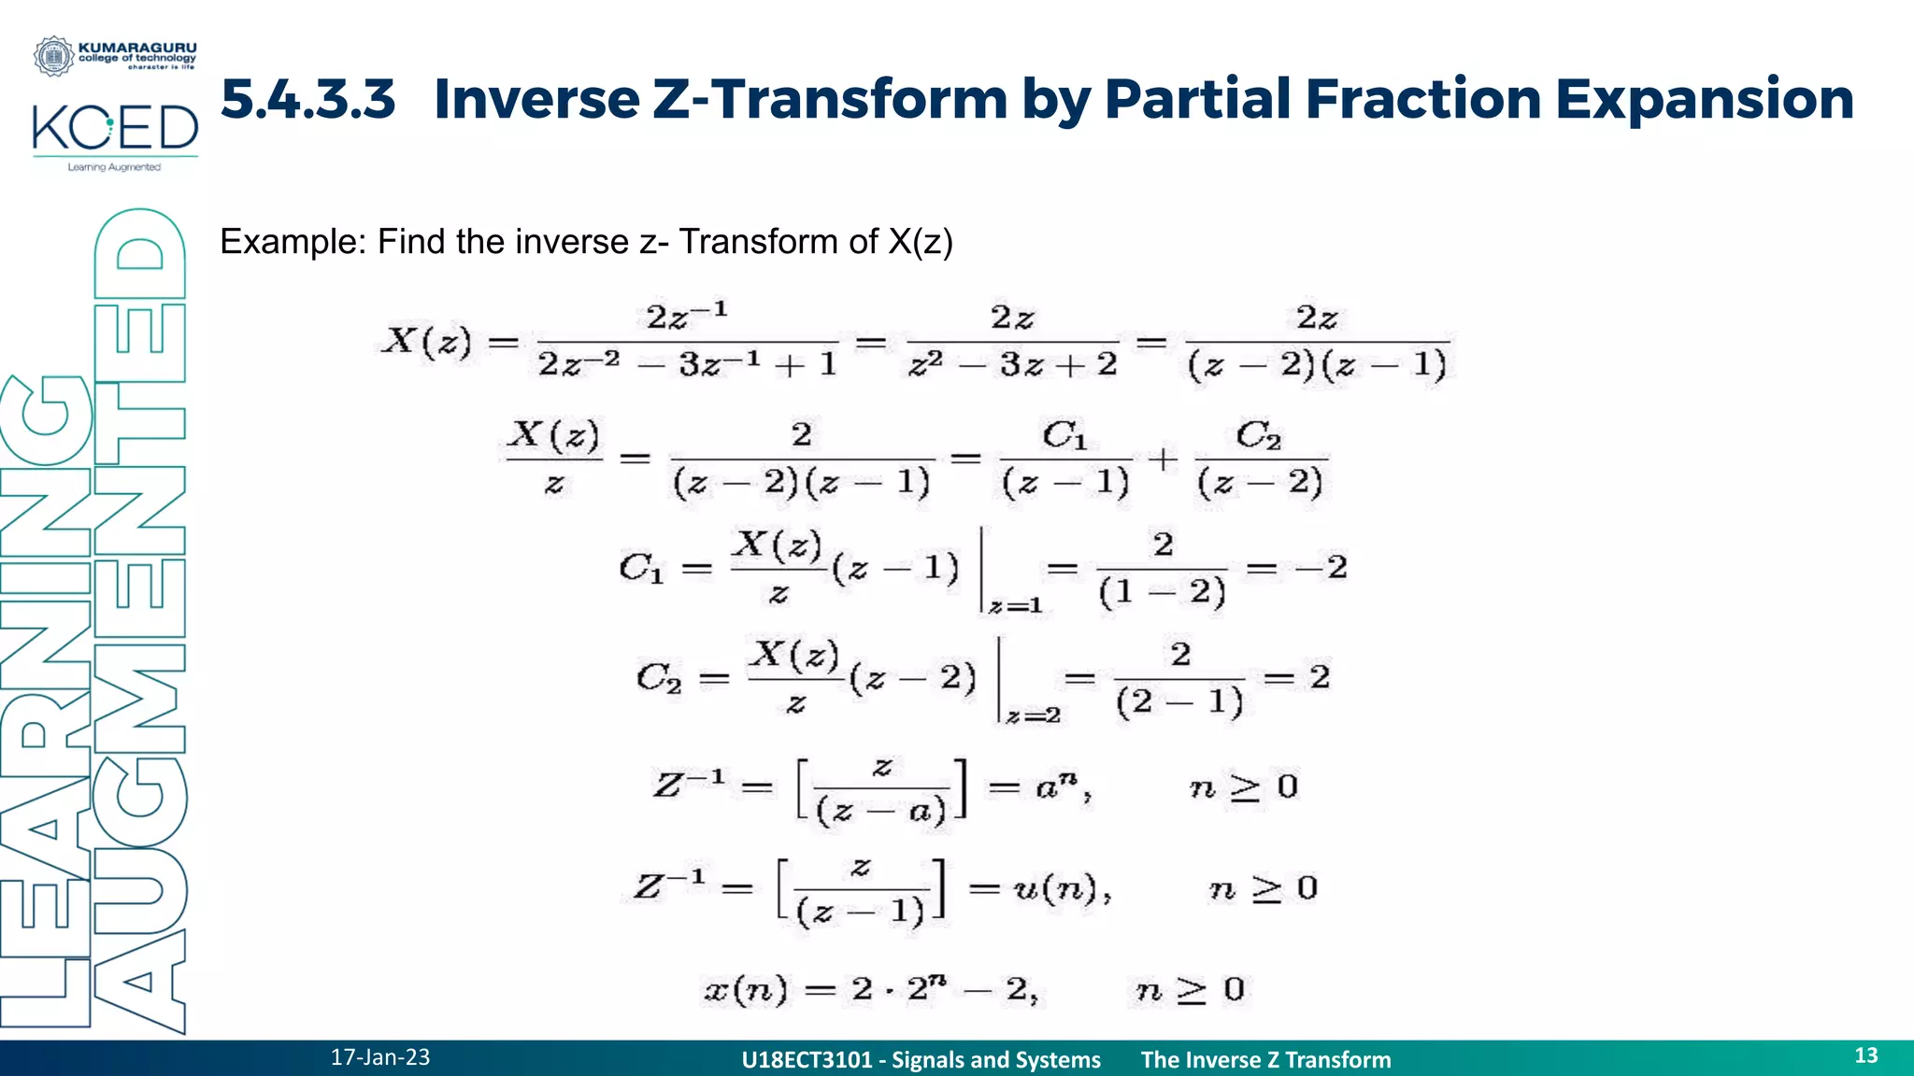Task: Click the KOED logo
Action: [115, 130]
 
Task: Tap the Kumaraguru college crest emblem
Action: [53, 56]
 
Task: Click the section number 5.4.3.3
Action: [307, 99]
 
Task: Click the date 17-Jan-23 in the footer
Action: [380, 1057]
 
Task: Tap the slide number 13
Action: [1865, 1055]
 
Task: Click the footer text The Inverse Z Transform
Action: [1265, 1060]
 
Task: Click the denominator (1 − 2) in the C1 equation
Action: [1162, 592]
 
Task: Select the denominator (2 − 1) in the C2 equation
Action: [1179, 701]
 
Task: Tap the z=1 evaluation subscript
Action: [1016, 607]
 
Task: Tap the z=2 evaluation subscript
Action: [1034, 716]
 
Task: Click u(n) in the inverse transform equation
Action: [1055, 888]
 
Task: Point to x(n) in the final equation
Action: [745, 989]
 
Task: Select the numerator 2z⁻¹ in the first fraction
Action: [686, 316]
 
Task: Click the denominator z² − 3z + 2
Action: [1012, 364]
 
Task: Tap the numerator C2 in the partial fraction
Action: [1258, 435]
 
